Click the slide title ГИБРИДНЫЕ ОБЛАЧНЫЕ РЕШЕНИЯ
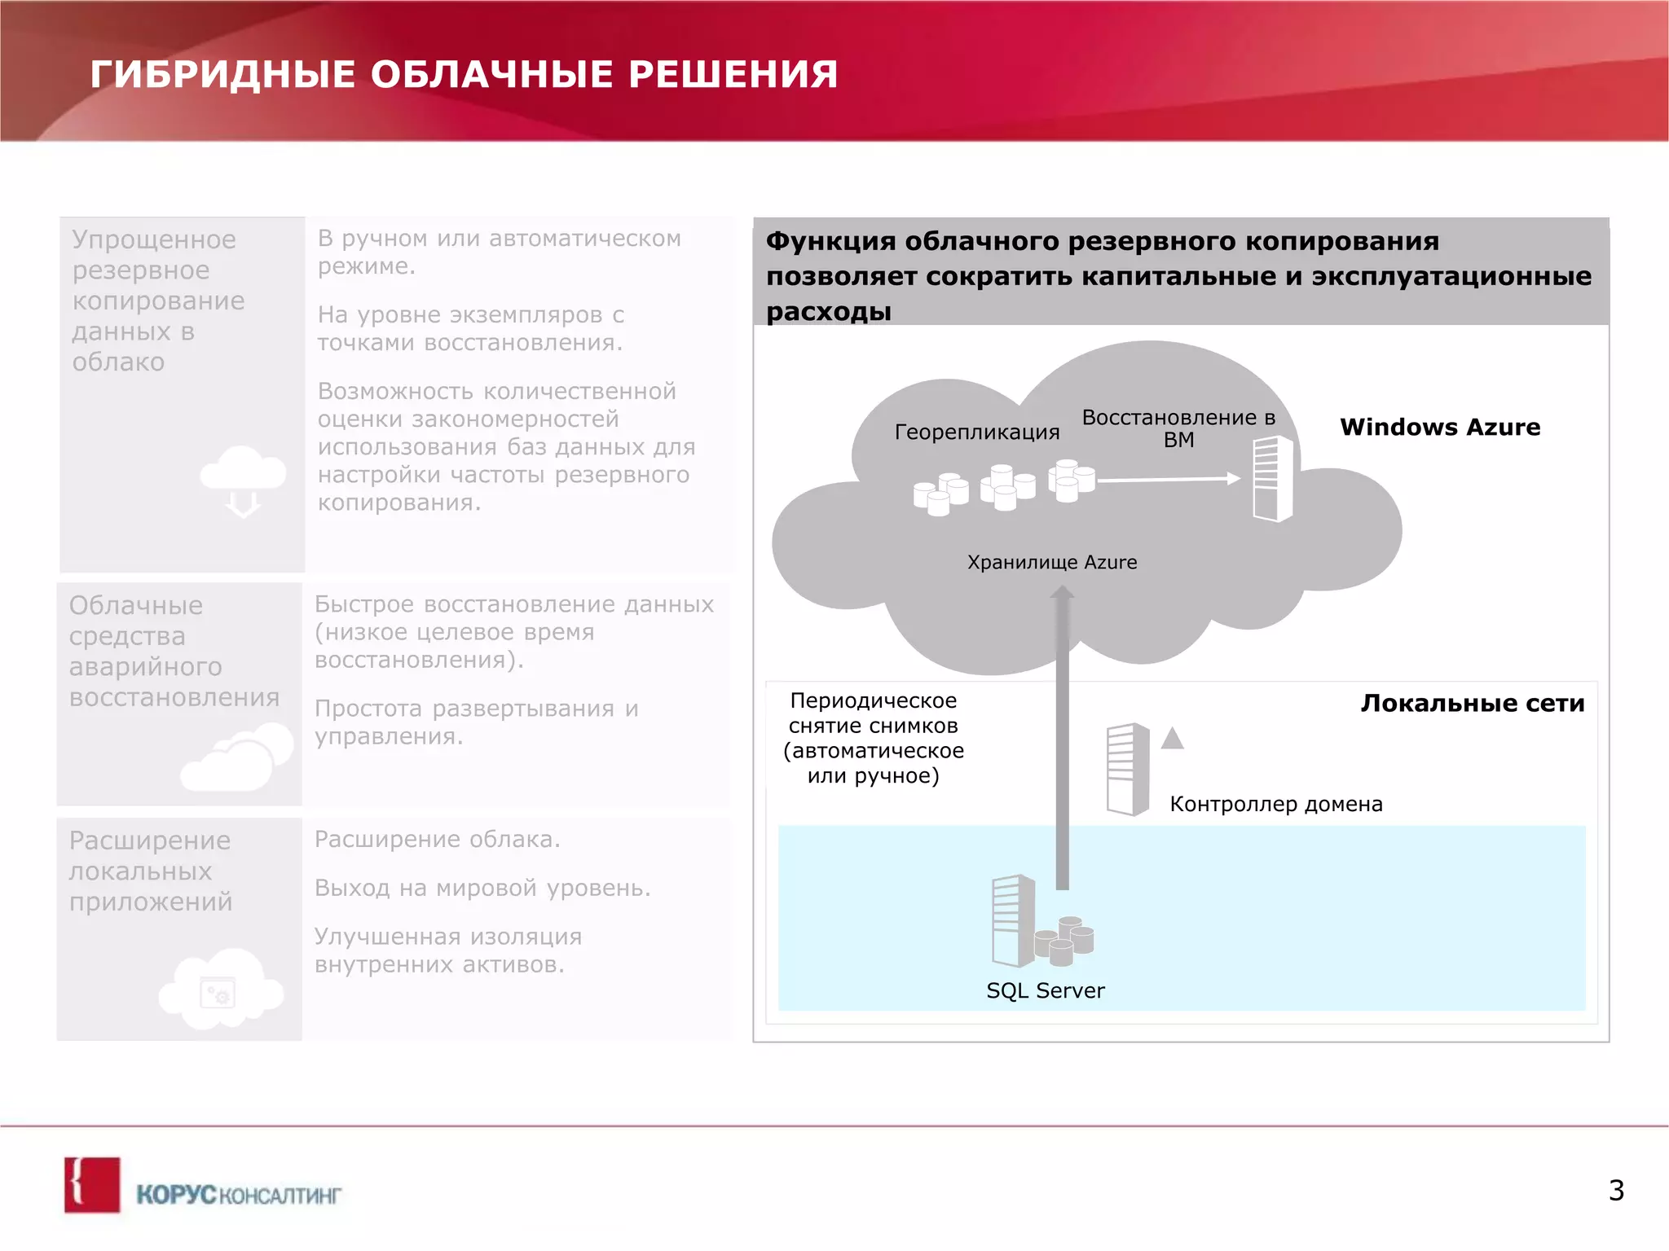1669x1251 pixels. [464, 74]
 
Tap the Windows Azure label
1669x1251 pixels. [1440, 427]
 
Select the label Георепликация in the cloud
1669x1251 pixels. [976, 432]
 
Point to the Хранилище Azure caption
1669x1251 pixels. [1051, 562]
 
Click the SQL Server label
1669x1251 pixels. [1045, 990]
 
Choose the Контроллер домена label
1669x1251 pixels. [1275, 804]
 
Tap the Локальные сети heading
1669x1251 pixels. [1472, 703]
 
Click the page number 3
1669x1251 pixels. [1616, 1190]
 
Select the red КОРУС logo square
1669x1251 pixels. [92, 1185]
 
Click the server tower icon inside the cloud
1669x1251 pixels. [1272, 479]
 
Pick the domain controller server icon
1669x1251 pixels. [1128, 769]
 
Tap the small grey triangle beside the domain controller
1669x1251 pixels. [1172, 738]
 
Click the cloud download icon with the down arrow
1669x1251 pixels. [243, 481]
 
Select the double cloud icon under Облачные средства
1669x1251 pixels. [237, 758]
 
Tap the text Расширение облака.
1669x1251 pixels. [438, 839]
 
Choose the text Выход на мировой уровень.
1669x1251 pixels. [482, 888]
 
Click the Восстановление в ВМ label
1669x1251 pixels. [1178, 428]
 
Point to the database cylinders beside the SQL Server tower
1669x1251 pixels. [1064, 941]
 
